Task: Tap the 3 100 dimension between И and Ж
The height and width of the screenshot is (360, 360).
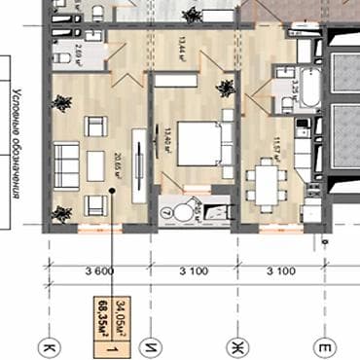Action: (192, 270)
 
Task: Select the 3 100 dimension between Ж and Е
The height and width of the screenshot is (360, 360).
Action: (281, 270)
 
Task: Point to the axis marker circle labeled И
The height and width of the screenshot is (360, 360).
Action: (149, 344)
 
